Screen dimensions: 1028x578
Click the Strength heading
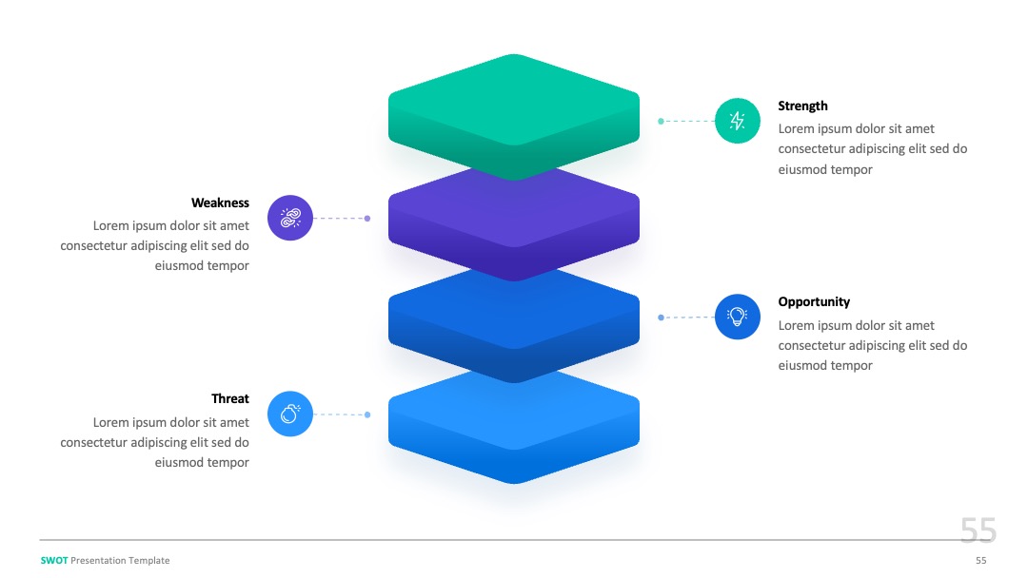(802, 106)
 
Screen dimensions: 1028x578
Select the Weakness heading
(220, 202)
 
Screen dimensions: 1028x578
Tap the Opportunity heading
(814, 301)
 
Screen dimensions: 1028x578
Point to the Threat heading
(230, 398)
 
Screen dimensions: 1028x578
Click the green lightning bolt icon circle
(738, 121)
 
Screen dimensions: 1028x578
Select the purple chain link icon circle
(289, 218)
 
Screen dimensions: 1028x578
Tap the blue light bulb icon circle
(738, 317)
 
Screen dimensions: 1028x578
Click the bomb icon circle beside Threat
(289, 414)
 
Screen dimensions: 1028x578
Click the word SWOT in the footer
(54, 560)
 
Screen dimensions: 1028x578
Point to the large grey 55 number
(979, 530)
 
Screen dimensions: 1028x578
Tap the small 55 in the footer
(980, 560)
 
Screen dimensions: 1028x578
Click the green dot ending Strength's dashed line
(661, 121)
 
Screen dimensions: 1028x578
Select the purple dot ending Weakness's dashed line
(367, 219)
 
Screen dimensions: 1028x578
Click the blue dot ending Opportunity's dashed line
(661, 318)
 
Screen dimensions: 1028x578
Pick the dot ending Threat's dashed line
(367, 414)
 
